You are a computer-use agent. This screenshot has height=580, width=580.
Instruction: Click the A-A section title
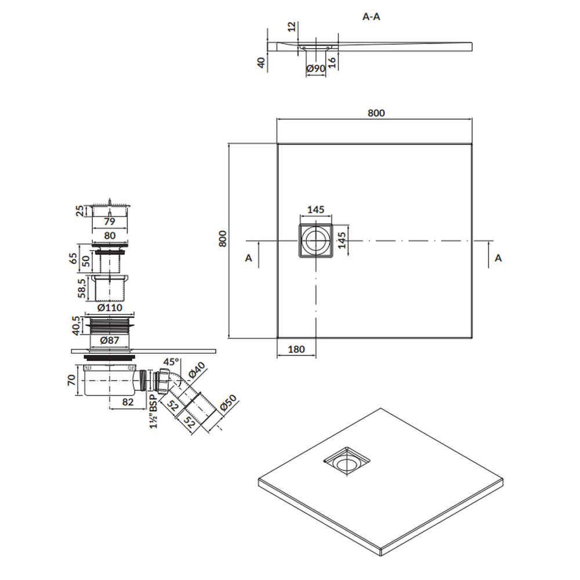371,17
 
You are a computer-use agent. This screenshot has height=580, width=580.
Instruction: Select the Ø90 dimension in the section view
316,68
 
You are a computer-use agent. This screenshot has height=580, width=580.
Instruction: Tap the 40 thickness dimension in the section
262,63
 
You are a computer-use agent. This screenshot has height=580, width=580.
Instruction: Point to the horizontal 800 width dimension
376,113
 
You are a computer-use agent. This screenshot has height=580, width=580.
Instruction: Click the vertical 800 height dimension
222,239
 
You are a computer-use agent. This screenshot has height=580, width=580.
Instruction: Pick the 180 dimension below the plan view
296,349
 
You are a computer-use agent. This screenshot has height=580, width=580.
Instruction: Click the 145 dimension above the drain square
316,210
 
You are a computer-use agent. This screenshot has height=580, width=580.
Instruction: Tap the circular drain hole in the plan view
316,241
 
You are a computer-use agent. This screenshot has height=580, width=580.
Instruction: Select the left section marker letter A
249,258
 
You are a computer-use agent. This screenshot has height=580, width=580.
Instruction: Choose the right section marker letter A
498,258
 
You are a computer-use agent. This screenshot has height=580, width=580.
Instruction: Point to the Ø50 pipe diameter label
228,403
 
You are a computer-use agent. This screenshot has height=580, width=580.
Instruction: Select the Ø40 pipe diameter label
197,370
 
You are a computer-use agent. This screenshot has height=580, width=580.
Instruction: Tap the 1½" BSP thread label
153,411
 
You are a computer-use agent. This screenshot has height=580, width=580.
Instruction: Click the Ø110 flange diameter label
110,307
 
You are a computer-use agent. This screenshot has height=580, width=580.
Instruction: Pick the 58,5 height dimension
82,288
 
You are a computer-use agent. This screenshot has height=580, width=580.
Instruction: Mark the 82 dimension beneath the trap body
128,402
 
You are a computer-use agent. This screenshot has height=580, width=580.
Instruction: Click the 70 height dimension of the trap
72,380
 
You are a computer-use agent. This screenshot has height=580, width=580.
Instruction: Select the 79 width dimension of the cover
110,222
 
